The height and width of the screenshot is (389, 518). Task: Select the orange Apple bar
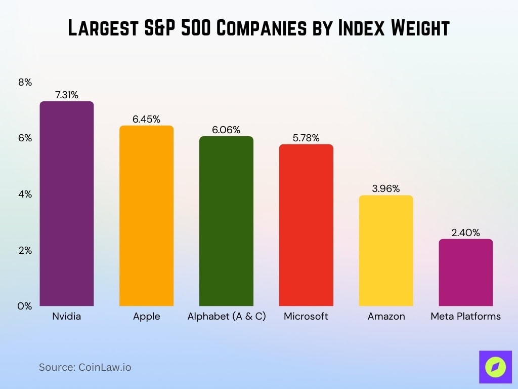(x=146, y=216)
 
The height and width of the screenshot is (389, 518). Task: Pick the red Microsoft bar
(x=306, y=225)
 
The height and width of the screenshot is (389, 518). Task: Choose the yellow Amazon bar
(x=386, y=251)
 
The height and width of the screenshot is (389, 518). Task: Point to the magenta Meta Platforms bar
(x=465, y=273)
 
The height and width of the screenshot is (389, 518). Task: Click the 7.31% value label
(x=67, y=95)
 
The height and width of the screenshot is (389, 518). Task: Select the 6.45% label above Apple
(x=146, y=119)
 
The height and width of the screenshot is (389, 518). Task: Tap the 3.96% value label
(x=386, y=188)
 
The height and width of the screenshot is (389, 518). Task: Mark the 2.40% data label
(x=465, y=232)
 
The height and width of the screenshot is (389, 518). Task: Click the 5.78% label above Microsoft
(x=306, y=138)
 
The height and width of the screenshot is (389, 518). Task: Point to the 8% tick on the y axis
(x=25, y=82)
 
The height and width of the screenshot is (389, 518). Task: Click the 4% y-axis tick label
(x=25, y=194)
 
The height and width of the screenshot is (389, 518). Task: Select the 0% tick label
(x=25, y=306)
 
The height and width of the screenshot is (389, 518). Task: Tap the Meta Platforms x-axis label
(x=465, y=316)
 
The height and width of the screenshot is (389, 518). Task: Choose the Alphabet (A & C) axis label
(x=226, y=316)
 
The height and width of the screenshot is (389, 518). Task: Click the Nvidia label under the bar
(x=67, y=316)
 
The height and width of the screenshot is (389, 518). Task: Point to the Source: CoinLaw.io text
(x=85, y=367)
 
